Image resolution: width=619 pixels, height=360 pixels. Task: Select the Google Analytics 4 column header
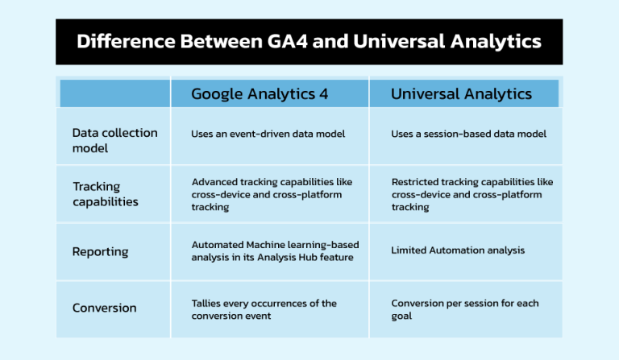coord(260,93)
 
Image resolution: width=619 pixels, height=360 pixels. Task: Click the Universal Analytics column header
coord(461,93)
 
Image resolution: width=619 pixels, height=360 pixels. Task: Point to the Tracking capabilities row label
coord(106,194)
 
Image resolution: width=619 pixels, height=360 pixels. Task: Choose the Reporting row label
coord(100,251)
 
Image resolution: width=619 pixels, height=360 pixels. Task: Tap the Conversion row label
coord(104,308)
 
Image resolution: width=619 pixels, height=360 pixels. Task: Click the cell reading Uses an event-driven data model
coord(268,134)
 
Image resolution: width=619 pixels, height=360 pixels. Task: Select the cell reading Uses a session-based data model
coord(468,134)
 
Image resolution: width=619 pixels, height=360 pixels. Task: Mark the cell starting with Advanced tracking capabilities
coord(272,194)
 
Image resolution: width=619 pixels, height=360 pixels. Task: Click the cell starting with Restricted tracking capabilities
coord(472,194)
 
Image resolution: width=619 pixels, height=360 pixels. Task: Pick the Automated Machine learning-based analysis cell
coord(275,250)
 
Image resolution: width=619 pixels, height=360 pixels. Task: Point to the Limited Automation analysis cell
coord(458,250)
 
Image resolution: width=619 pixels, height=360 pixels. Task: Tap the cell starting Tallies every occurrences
coord(264,309)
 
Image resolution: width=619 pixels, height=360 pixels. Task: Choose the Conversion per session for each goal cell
coord(465,309)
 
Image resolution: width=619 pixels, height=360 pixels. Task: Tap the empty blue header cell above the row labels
coord(114,93)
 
